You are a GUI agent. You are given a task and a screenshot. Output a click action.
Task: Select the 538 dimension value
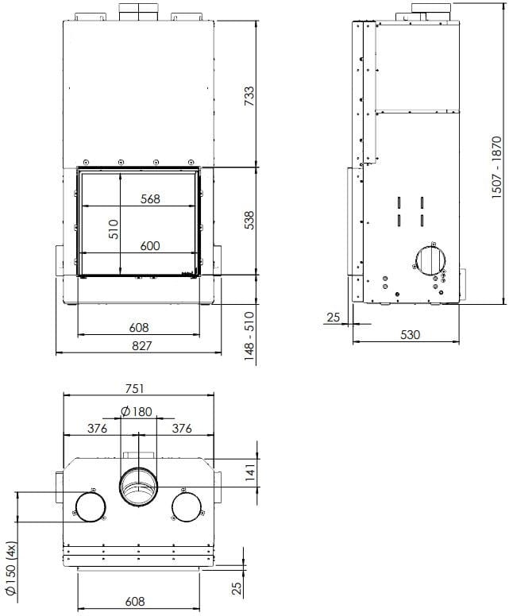tap(249, 220)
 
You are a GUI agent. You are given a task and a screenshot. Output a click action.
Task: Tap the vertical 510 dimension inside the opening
tap(113, 229)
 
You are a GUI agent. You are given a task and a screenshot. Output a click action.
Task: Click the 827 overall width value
tap(140, 345)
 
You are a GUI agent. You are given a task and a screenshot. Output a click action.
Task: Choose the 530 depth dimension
tap(410, 335)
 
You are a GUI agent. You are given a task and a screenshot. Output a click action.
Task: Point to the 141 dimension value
tap(249, 475)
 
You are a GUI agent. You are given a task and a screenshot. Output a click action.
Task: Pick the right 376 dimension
tap(182, 429)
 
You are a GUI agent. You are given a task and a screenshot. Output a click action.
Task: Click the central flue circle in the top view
tap(139, 487)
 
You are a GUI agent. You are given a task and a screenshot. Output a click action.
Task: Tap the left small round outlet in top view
tap(90, 506)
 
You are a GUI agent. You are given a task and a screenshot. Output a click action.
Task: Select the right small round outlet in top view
tap(189, 506)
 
